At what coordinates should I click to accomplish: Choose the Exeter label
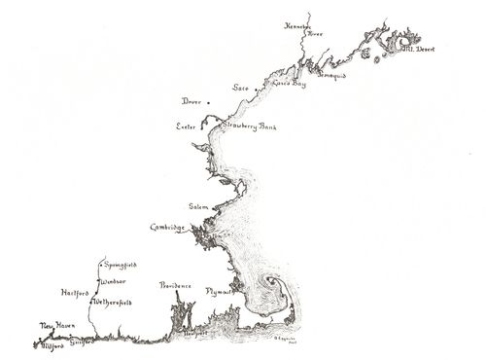186,126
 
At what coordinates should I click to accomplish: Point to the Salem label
199,206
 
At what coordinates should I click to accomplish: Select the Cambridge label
167,228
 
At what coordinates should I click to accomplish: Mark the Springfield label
120,264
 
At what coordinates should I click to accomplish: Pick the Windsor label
115,279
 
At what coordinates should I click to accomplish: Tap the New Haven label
56,326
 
